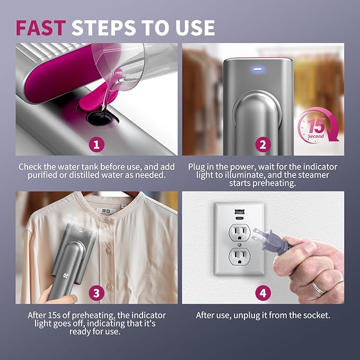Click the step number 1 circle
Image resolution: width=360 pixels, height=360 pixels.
click(96, 143)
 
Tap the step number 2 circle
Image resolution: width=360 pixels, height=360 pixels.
click(263, 143)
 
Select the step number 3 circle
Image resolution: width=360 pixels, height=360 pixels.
click(96, 292)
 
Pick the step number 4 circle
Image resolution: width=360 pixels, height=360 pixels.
click(263, 292)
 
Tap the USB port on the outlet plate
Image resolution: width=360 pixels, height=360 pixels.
click(239, 211)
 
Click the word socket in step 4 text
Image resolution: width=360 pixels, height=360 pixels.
click(315, 315)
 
